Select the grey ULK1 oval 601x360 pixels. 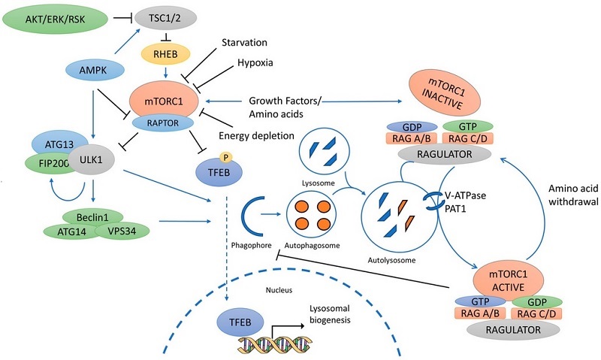95,162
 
